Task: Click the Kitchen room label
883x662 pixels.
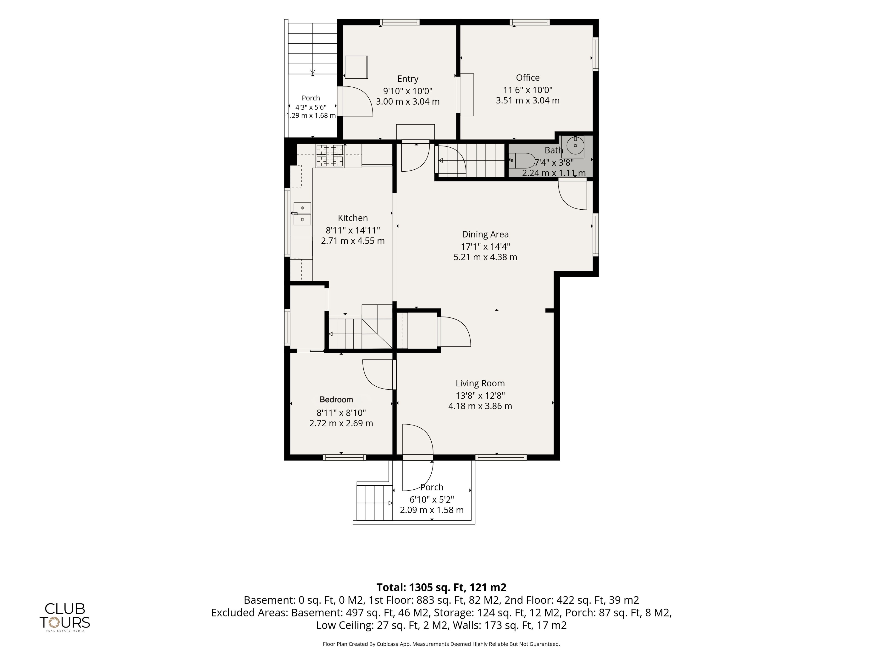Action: click(353, 218)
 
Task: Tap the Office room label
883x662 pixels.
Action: click(528, 78)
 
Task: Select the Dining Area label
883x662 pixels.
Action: click(485, 235)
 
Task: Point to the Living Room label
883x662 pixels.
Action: click(480, 383)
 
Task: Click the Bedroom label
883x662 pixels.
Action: click(336, 400)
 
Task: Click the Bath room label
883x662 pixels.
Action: click(554, 150)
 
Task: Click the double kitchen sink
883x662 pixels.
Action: click(302, 214)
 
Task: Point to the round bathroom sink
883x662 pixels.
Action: click(575, 146)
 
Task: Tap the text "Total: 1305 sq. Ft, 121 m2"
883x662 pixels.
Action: click(441, 587)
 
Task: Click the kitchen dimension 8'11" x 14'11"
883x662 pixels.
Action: click(353, 230)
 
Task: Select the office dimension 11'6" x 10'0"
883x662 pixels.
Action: click(528, 90)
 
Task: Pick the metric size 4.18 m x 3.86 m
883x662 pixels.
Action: click(480, 406)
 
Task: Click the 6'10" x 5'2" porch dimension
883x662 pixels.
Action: click(432, 499)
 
